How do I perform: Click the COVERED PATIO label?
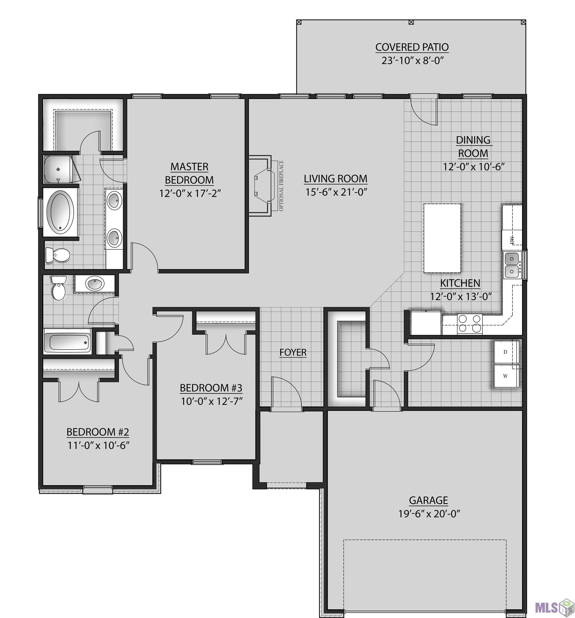point(412,47)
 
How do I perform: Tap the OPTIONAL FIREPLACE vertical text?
point(281,186)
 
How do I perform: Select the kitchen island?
point(442,238)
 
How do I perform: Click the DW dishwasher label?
point(512,239)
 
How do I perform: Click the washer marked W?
point(506,376)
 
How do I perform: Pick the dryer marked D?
point(506,352)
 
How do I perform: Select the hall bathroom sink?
point(95,284)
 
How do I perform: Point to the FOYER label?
point(293,352)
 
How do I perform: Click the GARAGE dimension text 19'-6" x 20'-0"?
point(429,514)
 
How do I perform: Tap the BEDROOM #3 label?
point(211,388)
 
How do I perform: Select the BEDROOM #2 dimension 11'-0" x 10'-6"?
point(98,446)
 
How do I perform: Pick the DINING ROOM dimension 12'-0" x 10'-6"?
point(474,167)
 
